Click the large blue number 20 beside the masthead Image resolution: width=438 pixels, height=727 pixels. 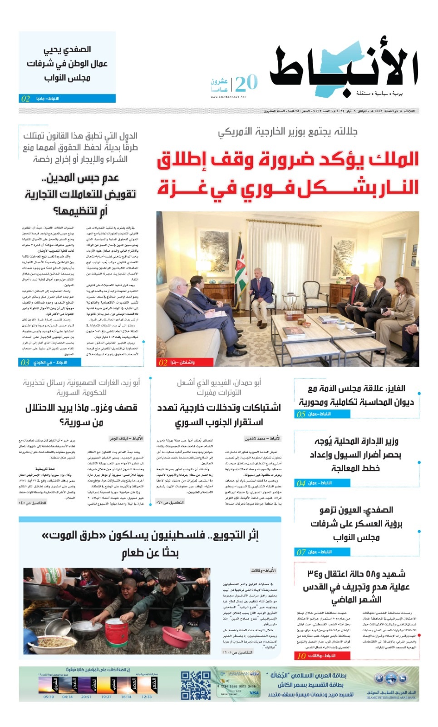[246, 83]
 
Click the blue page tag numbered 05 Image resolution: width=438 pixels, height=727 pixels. [322, 414]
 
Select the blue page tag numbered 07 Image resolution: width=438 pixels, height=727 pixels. [322, 552]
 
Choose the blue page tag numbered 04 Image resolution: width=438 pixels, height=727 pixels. [322, 483]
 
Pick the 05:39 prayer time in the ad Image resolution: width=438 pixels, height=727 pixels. [49, 697]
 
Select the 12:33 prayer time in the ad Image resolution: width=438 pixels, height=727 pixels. [147, 697]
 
